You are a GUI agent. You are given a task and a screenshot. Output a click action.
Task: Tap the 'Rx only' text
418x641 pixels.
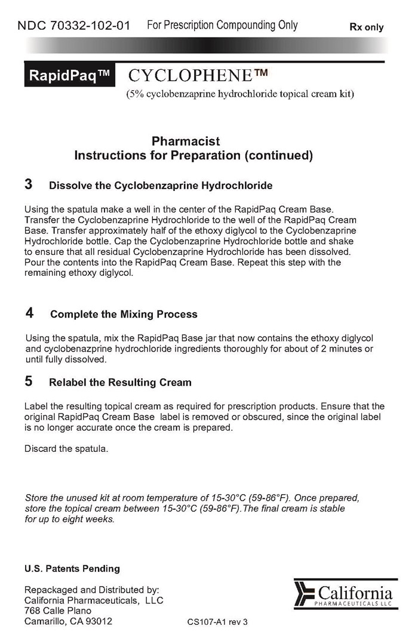(366, 27)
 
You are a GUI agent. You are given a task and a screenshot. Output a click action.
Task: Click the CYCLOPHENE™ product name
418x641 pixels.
(197, 76)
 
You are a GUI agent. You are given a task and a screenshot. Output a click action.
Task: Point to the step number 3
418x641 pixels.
(29, 184)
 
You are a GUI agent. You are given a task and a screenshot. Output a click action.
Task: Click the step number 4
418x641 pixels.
(29, 313)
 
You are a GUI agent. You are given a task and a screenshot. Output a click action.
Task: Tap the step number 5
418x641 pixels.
(29, 381)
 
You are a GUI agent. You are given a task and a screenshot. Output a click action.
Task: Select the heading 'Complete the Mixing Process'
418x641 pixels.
(124, 314)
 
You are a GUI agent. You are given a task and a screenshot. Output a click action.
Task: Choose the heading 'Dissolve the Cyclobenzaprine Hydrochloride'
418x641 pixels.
(161, 186)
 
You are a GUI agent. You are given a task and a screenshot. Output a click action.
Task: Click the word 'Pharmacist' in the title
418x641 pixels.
(185, 141)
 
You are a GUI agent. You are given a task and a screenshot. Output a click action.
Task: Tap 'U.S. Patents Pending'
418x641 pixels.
(72, 568)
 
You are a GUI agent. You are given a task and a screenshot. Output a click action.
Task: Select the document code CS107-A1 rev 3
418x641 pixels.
(217, 621)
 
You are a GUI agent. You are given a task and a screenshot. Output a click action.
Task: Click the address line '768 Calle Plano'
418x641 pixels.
(58, 611)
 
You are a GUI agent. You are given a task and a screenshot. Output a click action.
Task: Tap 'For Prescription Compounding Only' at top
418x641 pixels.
(222, 26)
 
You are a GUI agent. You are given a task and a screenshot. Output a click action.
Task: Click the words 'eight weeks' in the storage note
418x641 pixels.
(87, 519)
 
